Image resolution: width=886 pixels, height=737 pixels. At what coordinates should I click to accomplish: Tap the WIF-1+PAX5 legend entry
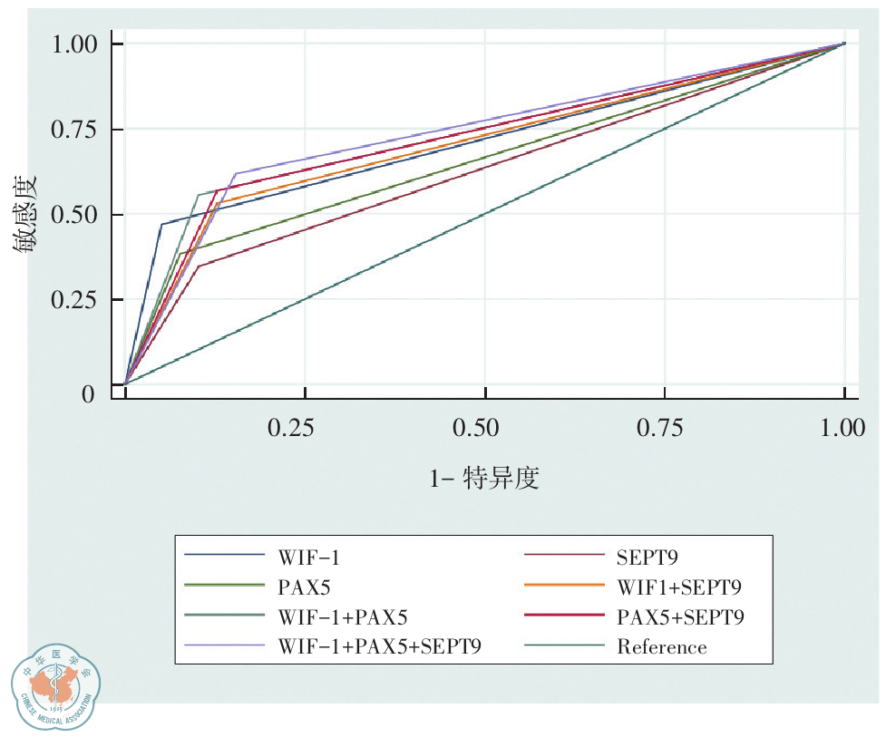coord(343,616)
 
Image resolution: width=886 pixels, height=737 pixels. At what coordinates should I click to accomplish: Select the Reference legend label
coord(661,647)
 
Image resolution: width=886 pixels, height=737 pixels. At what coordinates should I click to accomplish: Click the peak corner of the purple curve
coord(236,173)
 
